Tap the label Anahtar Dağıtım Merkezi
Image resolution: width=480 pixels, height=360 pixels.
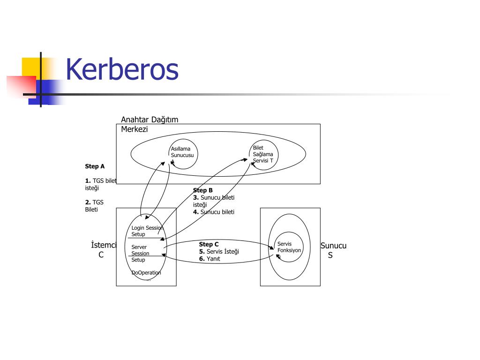[x=149, y=124]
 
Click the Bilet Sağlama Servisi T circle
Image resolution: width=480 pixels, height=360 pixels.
[x=263, y=154]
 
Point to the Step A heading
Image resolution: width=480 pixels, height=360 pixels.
[x=95, y=166]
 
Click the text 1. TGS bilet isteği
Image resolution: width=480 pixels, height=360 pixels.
[x=100, y=184]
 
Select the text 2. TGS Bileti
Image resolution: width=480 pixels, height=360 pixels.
[x=94, y=206]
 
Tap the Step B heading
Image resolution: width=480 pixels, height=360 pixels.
[x=203, y=190]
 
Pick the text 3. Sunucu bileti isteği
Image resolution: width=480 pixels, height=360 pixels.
[x=213, y=201]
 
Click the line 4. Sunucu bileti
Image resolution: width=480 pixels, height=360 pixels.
[x=213, y=212]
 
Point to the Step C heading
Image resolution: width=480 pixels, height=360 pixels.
[x=209, y=244]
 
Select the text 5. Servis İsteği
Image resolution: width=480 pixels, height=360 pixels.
[x=218, y=252]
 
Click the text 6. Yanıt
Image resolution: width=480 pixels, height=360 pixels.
[x=209, y=259]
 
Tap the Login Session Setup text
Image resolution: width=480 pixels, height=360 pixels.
[x=147, y=231]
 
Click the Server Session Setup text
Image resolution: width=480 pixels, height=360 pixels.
[x=140, y=254]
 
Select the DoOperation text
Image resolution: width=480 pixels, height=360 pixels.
[x=146, y=273]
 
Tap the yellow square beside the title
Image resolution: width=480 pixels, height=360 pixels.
[x=30, y=67]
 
